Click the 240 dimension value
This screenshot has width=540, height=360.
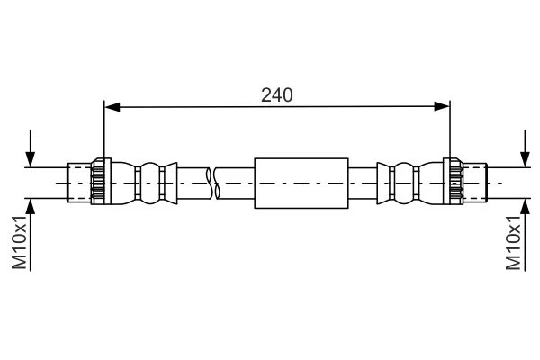[x=277, y=95]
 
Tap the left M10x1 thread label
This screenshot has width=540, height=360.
[x=19, y=242]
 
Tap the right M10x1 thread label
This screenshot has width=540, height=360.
[x=514, y=242]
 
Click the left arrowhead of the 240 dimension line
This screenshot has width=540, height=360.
[x=112, y=107]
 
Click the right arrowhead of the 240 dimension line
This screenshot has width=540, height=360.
[x=442, y=107]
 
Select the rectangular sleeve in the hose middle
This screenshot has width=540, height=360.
[x=301, y=184]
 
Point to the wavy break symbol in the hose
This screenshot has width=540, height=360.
[x=212, y=184]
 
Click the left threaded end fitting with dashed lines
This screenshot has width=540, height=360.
[x=79, y=183]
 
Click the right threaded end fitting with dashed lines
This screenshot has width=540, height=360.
[x=475, y=183]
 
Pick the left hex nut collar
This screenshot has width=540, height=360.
[x=101, y=182]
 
